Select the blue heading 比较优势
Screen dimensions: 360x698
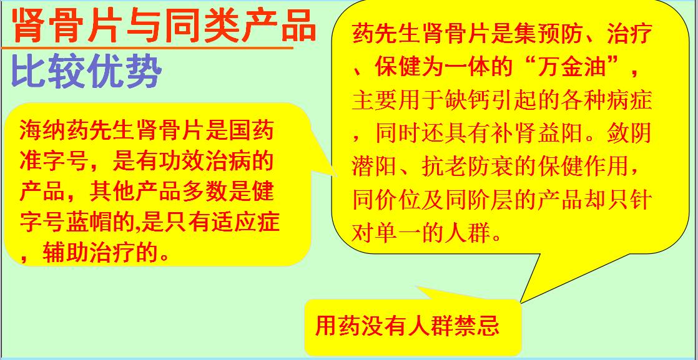pos(86,73)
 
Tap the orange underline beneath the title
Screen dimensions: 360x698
pos(147,47)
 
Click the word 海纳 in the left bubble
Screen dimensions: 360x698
pos(42,133)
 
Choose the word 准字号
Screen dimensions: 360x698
pos(55,163)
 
